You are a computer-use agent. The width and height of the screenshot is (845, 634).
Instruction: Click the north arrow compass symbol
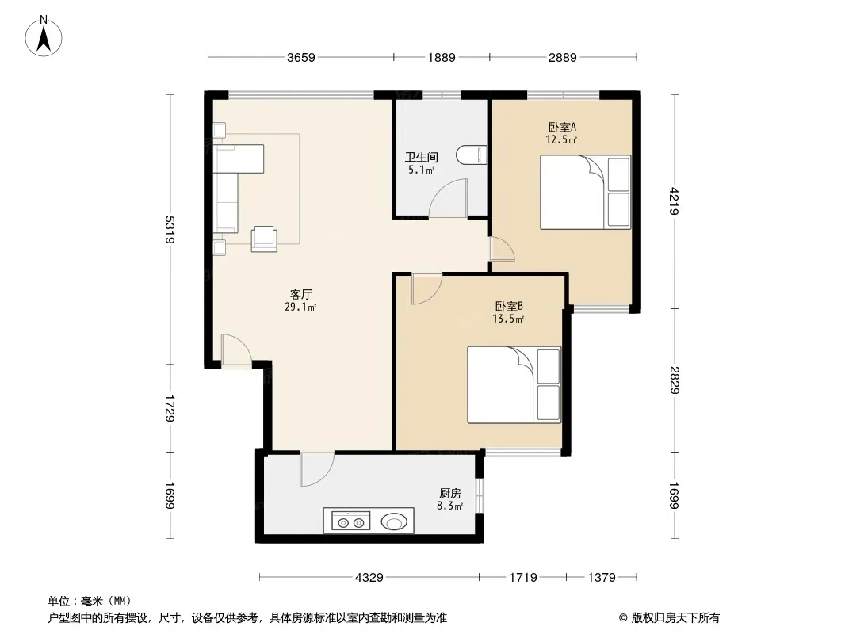(x=44, y=36)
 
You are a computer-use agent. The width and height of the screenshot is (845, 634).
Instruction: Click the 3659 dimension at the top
(x=300, y=57)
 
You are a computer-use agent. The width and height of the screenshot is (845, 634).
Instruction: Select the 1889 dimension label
(x=442, y=57)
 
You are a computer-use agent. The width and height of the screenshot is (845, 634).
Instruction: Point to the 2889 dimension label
(x=563, y=57)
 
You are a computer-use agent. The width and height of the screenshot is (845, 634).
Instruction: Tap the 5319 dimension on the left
(x=170, y=230)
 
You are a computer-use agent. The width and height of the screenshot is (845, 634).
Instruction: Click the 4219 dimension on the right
(x=675, y=201)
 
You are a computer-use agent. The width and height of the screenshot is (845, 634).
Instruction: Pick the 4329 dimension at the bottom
(x=369, y=578)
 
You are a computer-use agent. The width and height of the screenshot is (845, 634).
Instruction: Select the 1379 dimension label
(x=602, y=578)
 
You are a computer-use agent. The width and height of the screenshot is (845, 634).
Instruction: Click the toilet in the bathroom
(x=472, y=155)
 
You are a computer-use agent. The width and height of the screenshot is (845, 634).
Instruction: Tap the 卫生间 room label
(x=422, y=157)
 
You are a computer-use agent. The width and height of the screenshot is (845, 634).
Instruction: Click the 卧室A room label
(x=562, y=127)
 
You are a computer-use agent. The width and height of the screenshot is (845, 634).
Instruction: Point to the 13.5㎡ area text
(x=508, y=319)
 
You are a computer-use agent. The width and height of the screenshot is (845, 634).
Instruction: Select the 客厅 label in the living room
(x=300, y=294)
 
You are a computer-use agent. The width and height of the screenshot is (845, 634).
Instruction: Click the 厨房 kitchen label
(x=450, y=494)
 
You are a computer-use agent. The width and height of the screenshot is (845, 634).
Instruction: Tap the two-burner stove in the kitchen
(x=350, y=521)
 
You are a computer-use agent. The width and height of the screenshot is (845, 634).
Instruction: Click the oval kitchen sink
(x=394, y=521)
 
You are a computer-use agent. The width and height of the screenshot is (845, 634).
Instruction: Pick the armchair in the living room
(x=264, y=239)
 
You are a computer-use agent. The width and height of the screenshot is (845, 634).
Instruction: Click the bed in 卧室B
(x=514, y=384)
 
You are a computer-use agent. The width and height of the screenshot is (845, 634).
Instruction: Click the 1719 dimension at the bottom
(x=523, y=578)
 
